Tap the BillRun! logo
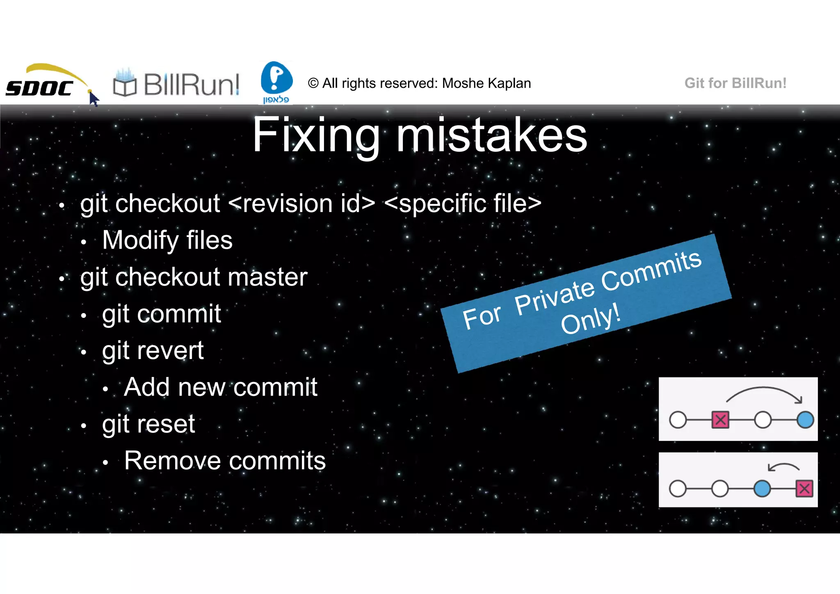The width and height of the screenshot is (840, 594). coord(176,85)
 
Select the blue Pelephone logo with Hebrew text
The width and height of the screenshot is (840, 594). coord(276,82)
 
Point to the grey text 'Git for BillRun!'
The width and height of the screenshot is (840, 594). coord(735,83)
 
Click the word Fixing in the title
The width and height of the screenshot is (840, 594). coord(316,135)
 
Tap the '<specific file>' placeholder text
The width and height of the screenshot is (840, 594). coord(463,203)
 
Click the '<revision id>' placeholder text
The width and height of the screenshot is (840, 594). coord(301,203)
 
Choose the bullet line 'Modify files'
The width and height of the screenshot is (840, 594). coord(167,240)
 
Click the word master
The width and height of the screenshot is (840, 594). coord(267,277)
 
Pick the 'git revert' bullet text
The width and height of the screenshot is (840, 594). coord(153,351)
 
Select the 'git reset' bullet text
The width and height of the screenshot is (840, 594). coord(148,424)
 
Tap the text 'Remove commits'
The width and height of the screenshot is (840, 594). coord(225,461)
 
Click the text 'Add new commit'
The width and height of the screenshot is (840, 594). coord(221,387)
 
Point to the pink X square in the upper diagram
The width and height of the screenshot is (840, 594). coord(720,420)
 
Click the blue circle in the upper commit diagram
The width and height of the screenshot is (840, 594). coord(805,420)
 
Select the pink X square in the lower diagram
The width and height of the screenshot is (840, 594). coord(804,489)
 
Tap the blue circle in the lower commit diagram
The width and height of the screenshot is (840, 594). coord(762,489)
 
